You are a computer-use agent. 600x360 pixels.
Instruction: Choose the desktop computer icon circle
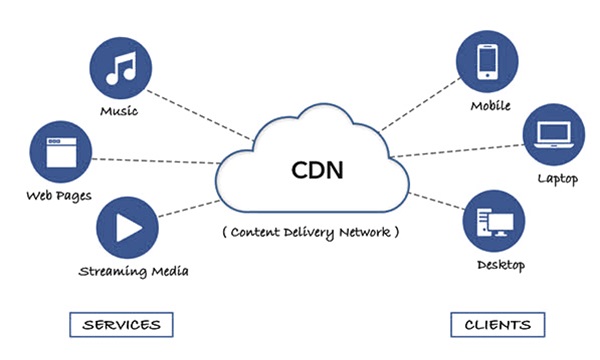click(x=493, y=223)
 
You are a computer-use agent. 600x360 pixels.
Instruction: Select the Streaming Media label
click(x=133, y=270)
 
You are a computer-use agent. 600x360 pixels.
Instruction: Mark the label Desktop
click(x=499, y=266)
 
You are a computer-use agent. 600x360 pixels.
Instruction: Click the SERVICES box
click(x=122, y=325)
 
